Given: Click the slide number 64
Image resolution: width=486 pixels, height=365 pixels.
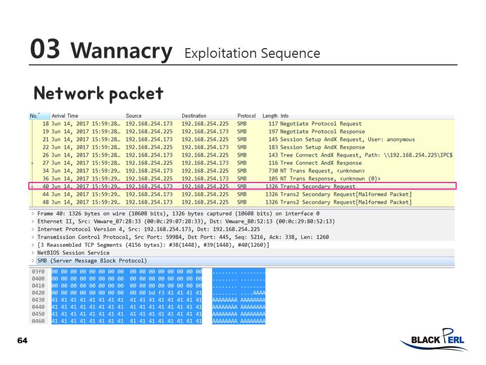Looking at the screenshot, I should pyautogui.click(x=22, y=340).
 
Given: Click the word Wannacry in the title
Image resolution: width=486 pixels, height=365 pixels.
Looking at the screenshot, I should pyautogui.click(x=121, y=51).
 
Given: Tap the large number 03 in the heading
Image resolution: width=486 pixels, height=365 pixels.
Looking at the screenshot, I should pyautogui.click(x=45, y=49).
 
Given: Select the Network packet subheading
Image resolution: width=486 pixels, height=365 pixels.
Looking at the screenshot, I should pyautogui.click(x=98, y=93).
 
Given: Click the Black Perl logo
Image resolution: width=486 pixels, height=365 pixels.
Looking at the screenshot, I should pyautogui.click(x=434, y=340).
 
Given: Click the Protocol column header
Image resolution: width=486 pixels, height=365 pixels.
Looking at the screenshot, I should pyautogui.click(x=247, y=116).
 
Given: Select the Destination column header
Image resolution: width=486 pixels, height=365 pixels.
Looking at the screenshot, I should pyautogui.click(x=194, y=116).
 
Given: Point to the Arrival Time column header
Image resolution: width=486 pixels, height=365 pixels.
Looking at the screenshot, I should pyautogui.click(x=65, y=116).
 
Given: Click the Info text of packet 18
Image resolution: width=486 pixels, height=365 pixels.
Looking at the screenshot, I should pyautogui.click(x=321, y=124).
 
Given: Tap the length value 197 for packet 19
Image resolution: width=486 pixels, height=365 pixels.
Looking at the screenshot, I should pyautogui.click(x=273, y=132).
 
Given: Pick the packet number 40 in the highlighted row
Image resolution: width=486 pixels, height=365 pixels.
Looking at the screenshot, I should pyautogui.click(x=46, y=187).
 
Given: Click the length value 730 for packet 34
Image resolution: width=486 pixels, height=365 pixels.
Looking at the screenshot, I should pyautogui.click(x=273, y=171).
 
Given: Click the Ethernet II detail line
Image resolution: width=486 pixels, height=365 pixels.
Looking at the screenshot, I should pyautogui.click(x=186, y=222).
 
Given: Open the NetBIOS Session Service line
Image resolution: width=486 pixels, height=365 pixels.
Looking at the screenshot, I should pyautogui.click(x=73, y=252).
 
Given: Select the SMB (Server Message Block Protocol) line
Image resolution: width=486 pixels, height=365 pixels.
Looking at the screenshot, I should pyautogui.click(x=92, y=261).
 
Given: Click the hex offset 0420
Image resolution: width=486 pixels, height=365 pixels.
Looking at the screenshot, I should pyautogui.click(x=38, y=293).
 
